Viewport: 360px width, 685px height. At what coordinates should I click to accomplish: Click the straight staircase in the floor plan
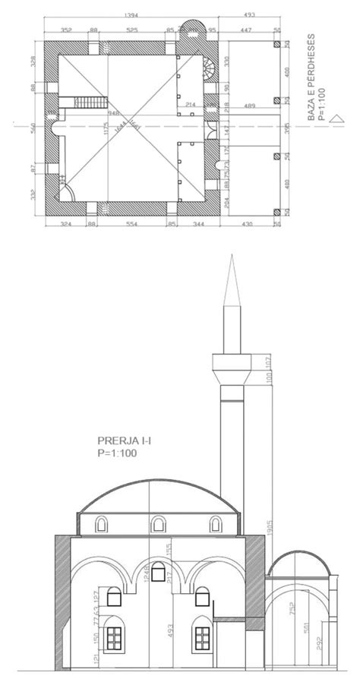point(89,102)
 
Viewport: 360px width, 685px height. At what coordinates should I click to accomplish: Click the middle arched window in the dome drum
point(158,523)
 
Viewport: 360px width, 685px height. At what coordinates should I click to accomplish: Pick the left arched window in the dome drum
point(101,523)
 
